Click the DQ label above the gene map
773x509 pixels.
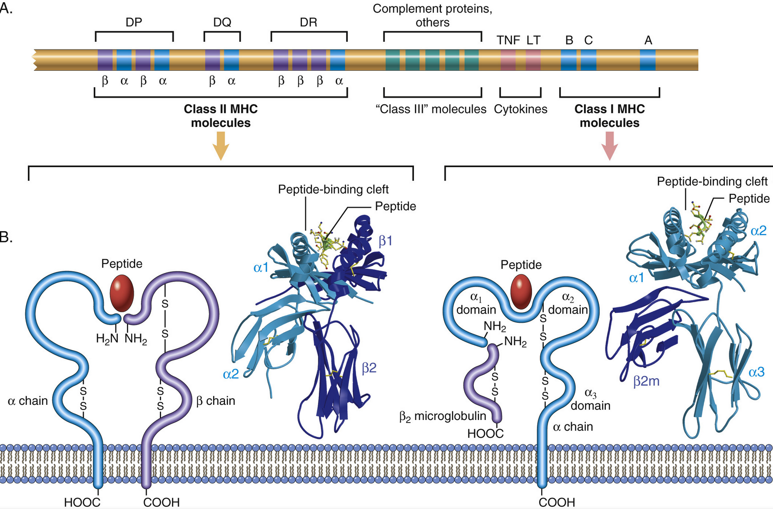222,22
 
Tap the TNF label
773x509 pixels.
508,40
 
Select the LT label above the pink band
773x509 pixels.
533,40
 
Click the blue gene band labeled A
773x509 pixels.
647,60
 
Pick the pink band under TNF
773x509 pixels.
508,60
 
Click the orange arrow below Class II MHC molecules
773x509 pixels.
221,146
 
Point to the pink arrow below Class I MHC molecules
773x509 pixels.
610,146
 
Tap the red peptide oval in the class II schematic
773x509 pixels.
122,293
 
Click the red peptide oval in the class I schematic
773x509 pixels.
521,292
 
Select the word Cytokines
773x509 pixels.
520,109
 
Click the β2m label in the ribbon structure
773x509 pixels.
646,381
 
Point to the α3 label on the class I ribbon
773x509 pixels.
756,372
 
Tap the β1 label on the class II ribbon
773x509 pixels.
385,241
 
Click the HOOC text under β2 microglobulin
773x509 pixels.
485,433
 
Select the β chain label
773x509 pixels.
215,400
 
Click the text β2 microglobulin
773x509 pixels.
443,416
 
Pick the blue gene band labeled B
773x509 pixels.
568,60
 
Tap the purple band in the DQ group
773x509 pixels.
212,60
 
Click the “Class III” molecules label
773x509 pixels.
431,109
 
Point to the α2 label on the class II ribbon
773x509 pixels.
231,374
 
